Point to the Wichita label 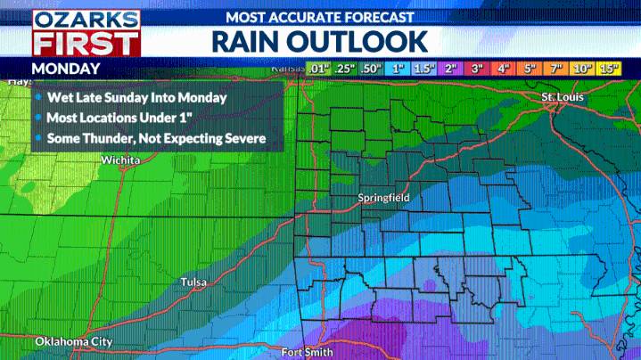tap(120, 160)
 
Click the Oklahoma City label tap(74, 341)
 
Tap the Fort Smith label tap(307, 352)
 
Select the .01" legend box tap(317, 69)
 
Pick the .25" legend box tap(344, 69)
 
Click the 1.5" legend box tap(423, 69)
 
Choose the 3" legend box tap(477, 69)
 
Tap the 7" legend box tap(557, 69)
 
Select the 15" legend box tap(610, 69)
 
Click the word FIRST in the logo tap(86, 42)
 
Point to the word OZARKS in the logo tap(86, 18)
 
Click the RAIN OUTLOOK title tap(319, 42)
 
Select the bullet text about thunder tap(158, 138)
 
